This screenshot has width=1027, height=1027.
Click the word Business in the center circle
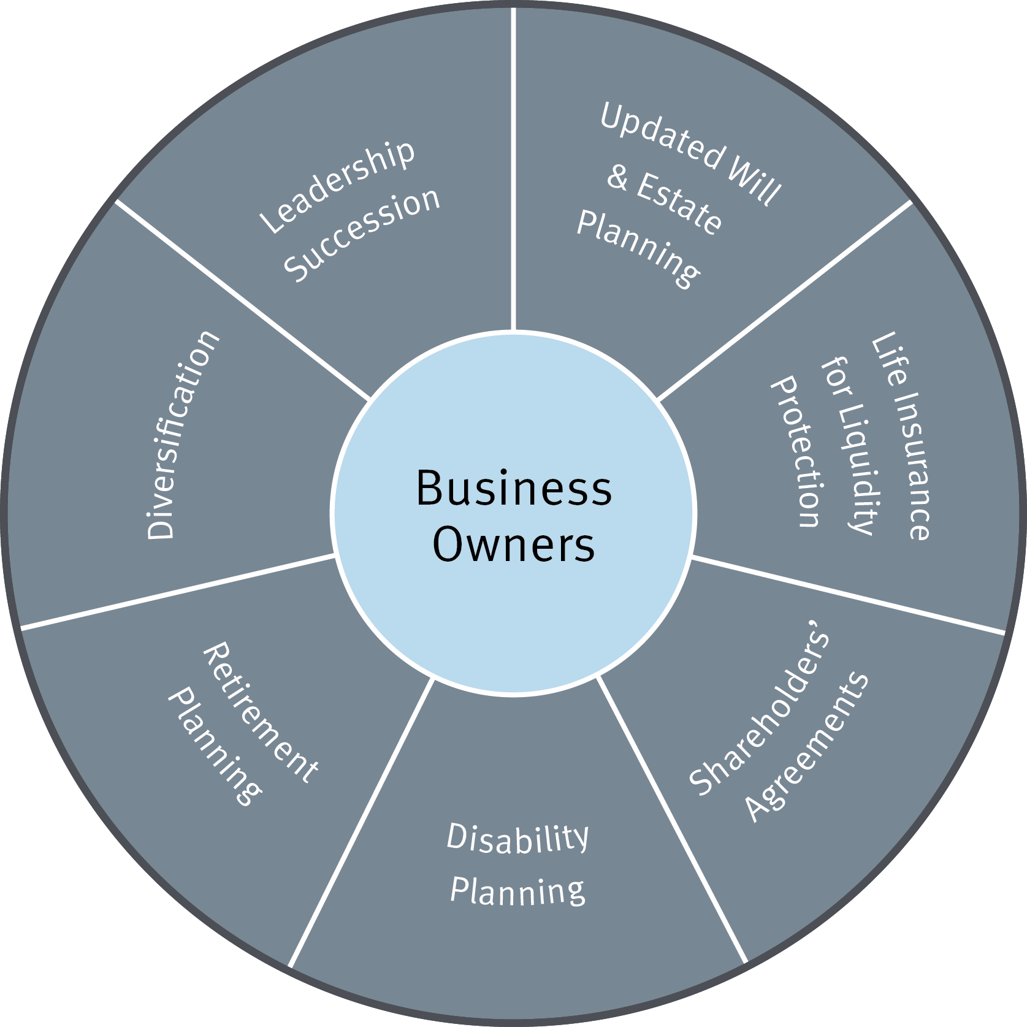click(x=514, y=489)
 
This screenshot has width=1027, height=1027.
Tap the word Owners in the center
click(x=514, y=544)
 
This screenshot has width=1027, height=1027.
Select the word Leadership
click(x=337, y=187)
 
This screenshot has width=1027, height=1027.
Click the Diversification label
click(x=182, y=435)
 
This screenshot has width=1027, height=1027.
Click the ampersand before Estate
click(x=618, y=177)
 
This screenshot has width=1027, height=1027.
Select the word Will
click(x=754, y=181)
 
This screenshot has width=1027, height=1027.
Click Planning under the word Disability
click(x=517, y=891)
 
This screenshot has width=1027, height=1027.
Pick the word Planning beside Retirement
click(x=215, y=746)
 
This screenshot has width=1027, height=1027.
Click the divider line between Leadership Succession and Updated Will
click(x=513, y=169)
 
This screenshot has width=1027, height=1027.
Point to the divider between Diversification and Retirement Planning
click(x=178, y=592)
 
